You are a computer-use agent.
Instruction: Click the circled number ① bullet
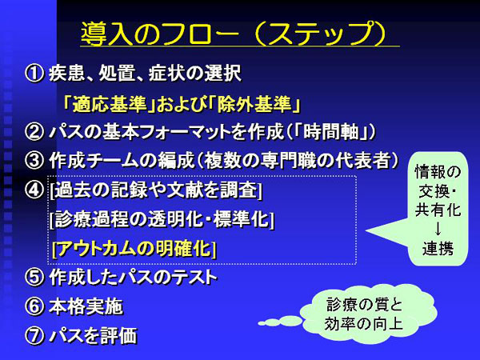click(x=34, y=74)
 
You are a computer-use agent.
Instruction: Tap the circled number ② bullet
click(x=34, y=132)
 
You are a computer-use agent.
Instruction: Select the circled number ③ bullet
click(x=34, y=161)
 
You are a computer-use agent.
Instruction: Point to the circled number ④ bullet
click(x=34, y=190)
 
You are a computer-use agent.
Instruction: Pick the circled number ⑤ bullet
click(x=34, y=278)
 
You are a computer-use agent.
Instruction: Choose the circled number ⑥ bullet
click(x=34, y=306)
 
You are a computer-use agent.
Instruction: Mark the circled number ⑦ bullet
click(x=34, y=335)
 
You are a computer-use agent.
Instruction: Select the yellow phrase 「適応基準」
click(x=109, y=104)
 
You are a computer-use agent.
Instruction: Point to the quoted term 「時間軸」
click(x=330, y=132)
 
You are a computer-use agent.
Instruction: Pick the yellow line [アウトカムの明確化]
click(x=134, y=248)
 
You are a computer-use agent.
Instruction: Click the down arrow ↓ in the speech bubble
click(x=438, y=229)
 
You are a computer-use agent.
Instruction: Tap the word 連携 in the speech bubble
click(x=438, y=249)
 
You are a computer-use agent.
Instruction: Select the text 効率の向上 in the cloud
click(x=364, y=324)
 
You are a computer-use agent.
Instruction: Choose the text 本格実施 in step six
click(x=86, y=306)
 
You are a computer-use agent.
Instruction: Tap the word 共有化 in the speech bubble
click(x=438, y=210)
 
